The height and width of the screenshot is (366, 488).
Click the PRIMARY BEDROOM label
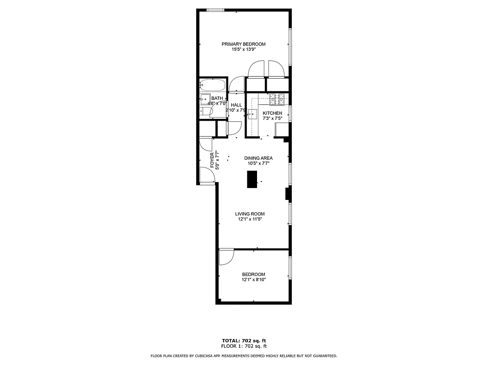pos(243,44)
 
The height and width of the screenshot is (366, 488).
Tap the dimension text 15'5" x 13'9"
pos(243,49)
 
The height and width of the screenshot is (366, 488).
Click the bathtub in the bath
pos(213,85)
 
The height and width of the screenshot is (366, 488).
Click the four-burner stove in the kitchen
pos(277,97)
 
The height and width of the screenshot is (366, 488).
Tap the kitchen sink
pos(252,113)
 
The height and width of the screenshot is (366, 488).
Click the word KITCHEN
pos(272,113)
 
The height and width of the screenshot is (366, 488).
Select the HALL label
pos(236,105)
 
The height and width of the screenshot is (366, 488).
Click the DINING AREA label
pos(258,158)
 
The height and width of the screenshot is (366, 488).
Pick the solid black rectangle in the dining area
pos(252,179)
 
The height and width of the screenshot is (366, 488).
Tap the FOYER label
pos(212,161)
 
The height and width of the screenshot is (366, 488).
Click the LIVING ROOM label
pos(250,214)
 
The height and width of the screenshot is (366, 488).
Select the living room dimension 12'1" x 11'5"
pos(250,219)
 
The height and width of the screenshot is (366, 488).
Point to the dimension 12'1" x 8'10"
pos(253,280)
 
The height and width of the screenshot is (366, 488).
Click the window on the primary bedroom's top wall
pos(215,10)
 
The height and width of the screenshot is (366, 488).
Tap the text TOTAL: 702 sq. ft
pos(244,341)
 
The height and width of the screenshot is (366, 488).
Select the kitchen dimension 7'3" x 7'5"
pos(272,118)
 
